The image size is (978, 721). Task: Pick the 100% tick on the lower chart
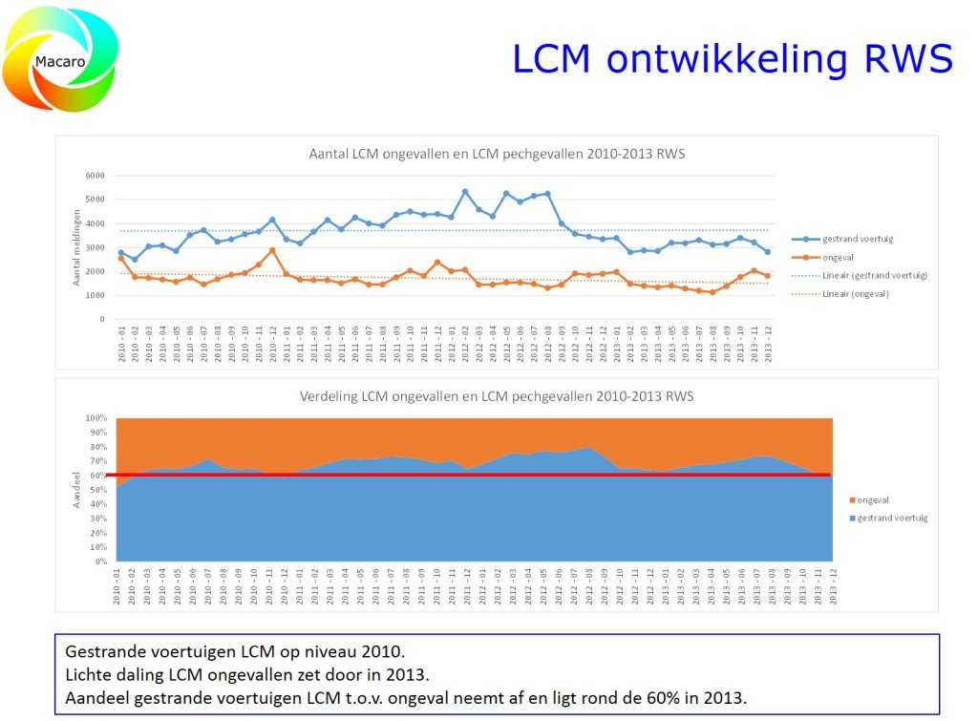point(97,418)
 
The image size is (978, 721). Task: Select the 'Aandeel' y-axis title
point(77,488)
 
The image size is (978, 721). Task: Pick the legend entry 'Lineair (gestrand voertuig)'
point(874,276)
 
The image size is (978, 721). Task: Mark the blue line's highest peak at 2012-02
point(465,192)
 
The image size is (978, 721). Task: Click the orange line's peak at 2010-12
point(272,250)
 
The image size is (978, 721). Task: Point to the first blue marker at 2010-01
point(120,252)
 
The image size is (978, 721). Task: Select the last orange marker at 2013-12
point(767,276)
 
